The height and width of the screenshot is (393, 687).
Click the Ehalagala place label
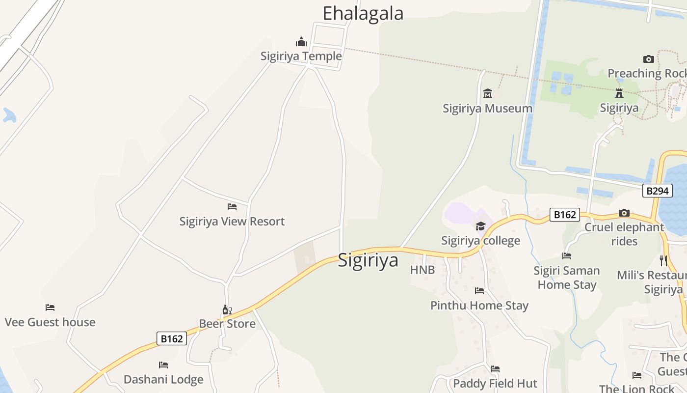click(x=363, y=13)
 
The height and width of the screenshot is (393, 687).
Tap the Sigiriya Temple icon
click(x=301, y=42)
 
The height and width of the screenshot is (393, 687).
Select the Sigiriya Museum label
click(x=487, y=108)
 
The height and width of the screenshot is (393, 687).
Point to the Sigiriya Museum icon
click(x=488, y=93)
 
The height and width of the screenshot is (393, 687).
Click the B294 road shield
click(x=657, y=191)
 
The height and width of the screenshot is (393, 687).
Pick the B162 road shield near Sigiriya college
click(x=564, y=215)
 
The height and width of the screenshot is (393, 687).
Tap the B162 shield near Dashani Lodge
click(x=172, y=338)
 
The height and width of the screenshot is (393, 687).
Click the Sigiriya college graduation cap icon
click(x=480, y=226)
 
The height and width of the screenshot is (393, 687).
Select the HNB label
click(x=423, y=270)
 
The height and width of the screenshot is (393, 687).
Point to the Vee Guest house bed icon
click(x=50, y=308)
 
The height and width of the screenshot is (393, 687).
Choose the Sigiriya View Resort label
click(x=232, y=221)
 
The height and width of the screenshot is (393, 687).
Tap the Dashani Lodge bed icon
click(x=163, y=365)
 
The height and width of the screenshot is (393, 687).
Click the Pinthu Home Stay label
click(x=479, y=305)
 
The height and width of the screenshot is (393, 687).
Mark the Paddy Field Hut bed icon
click(x=495, y=368)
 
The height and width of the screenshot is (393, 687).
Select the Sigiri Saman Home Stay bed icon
click(x=567, y=256)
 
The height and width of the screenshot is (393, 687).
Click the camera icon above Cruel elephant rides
click(x=624, y=213)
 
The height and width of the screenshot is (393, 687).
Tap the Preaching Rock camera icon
click(x=649, y=59)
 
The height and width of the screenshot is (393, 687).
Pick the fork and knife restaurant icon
click(x=663, y=260)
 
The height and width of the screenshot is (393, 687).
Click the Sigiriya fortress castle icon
click(x=619, y=93)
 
